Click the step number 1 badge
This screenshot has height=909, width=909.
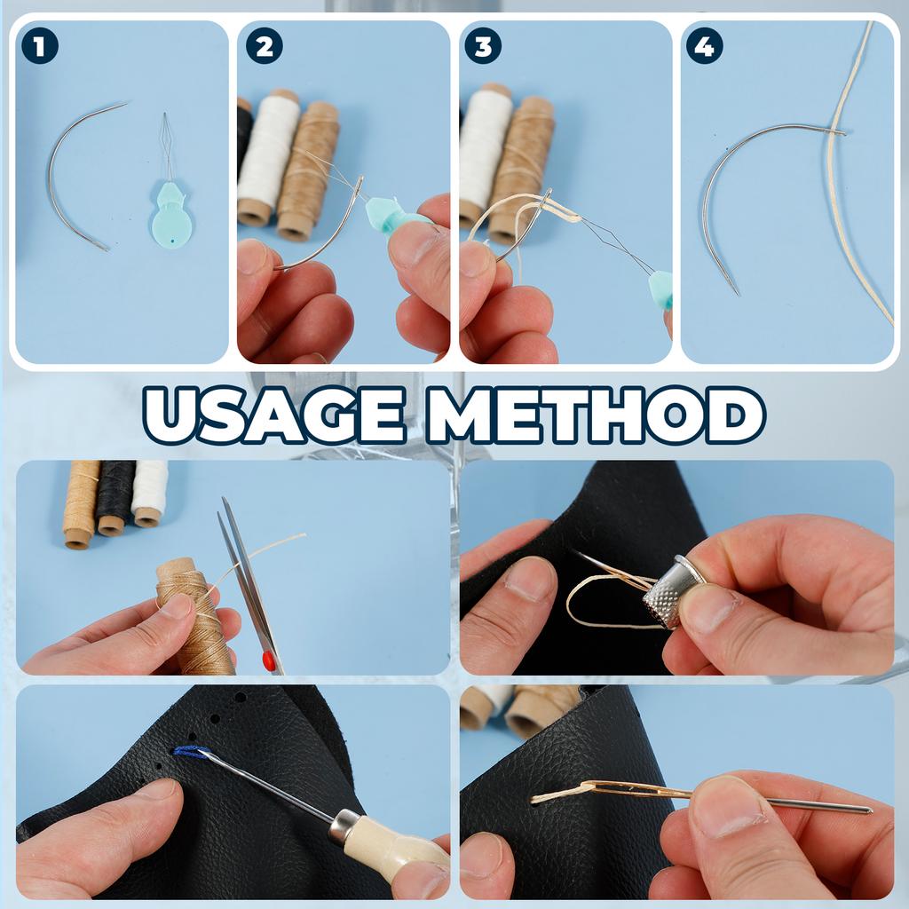click(39, 46)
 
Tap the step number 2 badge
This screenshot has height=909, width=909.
click(265, 46)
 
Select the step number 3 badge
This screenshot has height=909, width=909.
click(483, 46)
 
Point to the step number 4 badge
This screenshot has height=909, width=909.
click(704, 46)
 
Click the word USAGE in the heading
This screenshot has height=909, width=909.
click(273, 415)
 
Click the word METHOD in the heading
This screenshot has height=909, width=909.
click(596, 415)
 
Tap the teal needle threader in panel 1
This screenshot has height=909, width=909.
click(171, 192)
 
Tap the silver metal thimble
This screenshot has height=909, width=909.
click(669, 591)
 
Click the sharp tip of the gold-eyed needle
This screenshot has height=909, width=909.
click(871, 810)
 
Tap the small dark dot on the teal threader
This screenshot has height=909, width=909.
click(173, 240)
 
